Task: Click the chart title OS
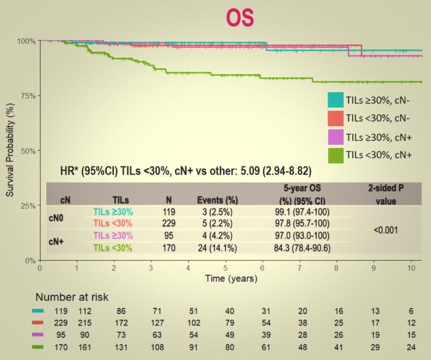(x=240, y=18)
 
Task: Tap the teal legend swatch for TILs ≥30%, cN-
(x=336, y=100)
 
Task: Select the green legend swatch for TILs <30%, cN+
(x=336, y=155)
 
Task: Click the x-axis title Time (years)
(x=231, y=279)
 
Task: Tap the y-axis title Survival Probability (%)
(x=10, y=148)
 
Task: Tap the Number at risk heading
(x=72, y=297)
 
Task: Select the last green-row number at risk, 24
(x=411, y=347)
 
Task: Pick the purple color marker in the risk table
(x=39, y=335)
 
